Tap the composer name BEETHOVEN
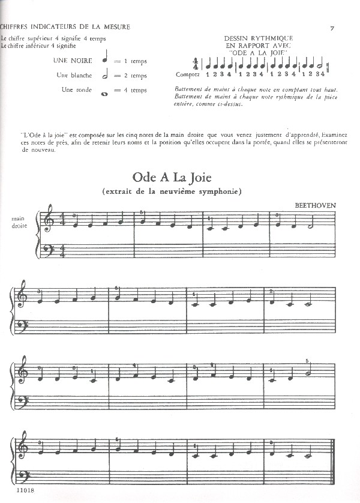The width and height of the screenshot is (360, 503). (x=315, y=205)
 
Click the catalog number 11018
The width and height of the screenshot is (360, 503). (x=10, y=490)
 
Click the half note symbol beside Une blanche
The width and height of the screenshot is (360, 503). (x=106, y=75)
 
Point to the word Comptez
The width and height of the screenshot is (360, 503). (x=187, y=74)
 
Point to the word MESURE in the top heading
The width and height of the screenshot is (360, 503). (x=114, y=26)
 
